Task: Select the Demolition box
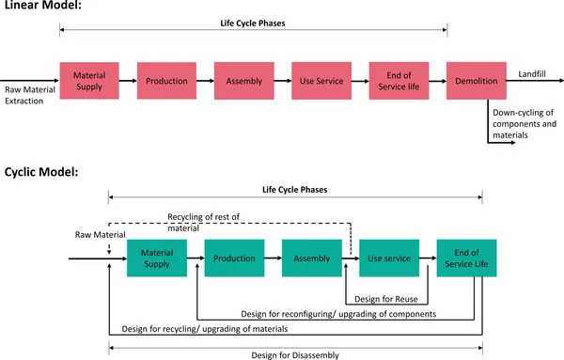[x=477, y=81]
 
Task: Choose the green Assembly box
[x=311, y=257]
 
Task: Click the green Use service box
[x=389, y=257]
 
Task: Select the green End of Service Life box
[x=466, y=257]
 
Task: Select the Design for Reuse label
[x=386, y=299]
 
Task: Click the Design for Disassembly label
[x=296, y=354]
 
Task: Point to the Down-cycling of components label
[x=524, y=124]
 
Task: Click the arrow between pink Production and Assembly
[x=205, y=81]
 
